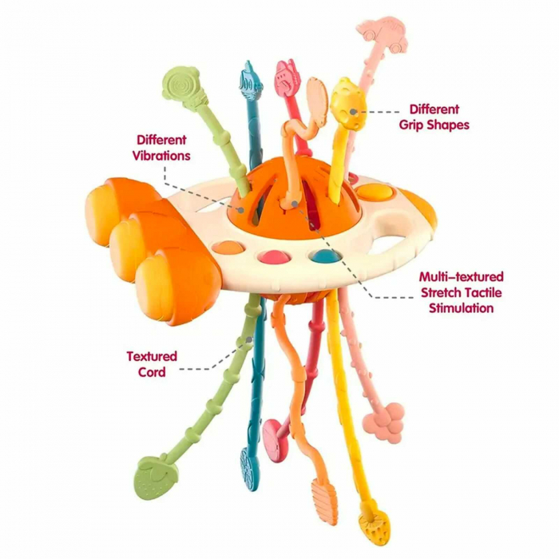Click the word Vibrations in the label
(x=162, y=155)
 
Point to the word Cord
(x=152, y=372)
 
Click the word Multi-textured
(x=462, y=277)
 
